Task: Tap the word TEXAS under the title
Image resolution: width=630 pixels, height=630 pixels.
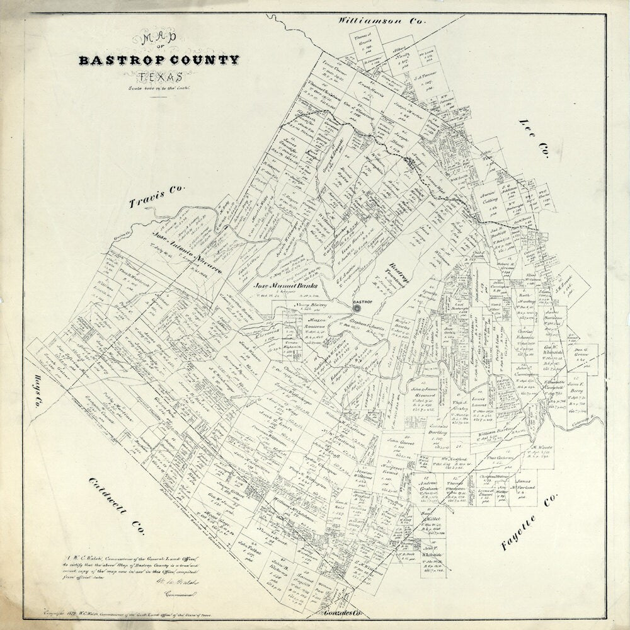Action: [159, 77]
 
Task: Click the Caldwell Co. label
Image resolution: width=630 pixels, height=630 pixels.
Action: [117, 507]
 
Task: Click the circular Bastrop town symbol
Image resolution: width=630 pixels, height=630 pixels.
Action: [357, 309]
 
